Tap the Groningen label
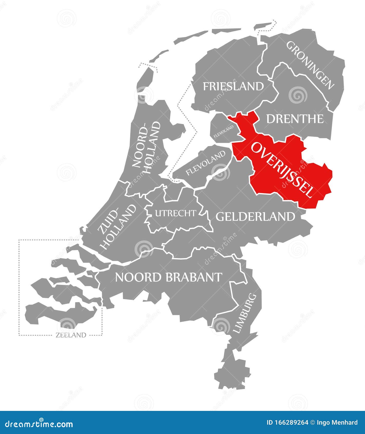pyautogui.click(x=310, y=65)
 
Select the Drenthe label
pyautogui.click(x=295, y=119)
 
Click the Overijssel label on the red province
pyautogui.click(x=282, y=170)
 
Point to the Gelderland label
pyautogui.click(x=255, y=217)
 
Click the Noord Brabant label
pyautogui.click(x=169, y=277)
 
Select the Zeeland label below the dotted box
pyautogui.click(x=71, y=335)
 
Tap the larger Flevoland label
pyautogui.click(x=206, y=163)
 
